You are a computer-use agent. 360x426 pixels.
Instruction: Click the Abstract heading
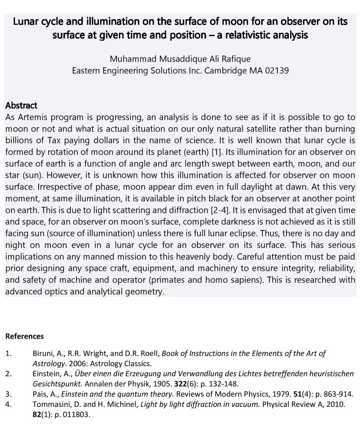click(21, 105)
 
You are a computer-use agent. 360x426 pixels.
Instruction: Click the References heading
click(25, 336)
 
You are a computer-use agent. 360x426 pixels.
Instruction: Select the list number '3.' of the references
click(8, 394)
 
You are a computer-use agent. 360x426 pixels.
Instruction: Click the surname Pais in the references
click(40, 394)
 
